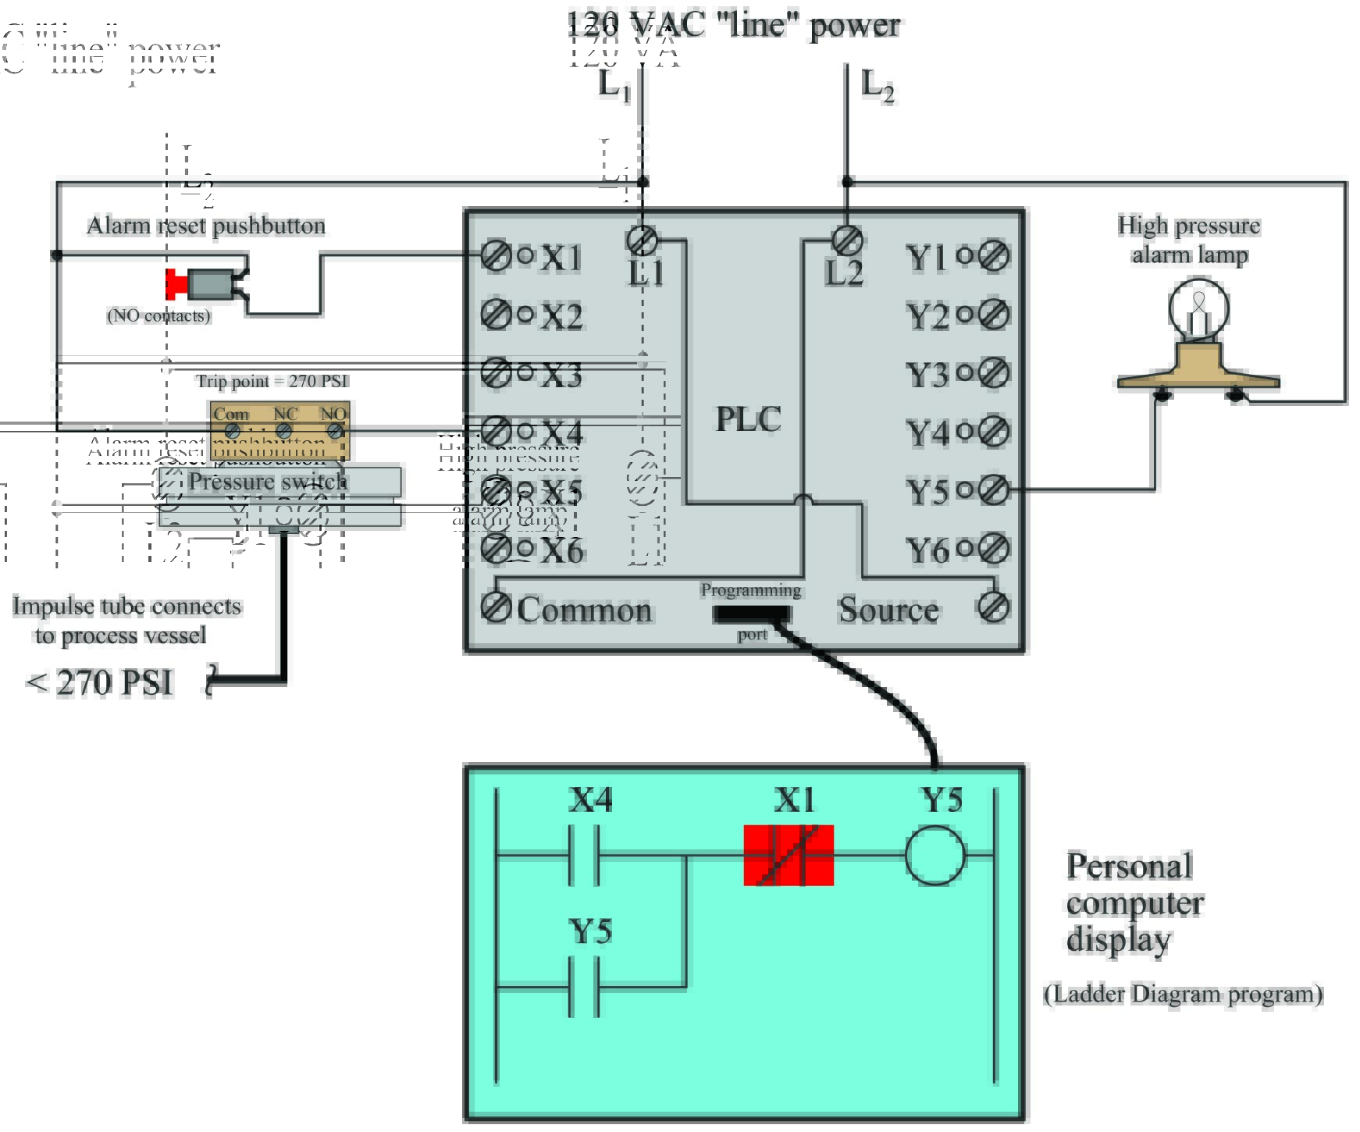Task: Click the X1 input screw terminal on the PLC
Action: click(495, 255)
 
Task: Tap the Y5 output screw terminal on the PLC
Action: click(994, 490)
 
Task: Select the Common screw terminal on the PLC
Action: click(495, 607)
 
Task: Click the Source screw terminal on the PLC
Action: click(994, 607)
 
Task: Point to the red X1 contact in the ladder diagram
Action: click(789, 856)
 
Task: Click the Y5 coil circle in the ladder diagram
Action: click(935, 856)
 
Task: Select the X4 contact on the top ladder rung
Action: click(584, 856)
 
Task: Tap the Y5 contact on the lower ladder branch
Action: click(584, 988)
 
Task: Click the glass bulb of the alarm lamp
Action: click(1198, 308)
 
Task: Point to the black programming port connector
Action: click(751, 614)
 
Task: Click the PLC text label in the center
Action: click(748, 420)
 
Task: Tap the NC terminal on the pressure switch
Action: click(284, 430)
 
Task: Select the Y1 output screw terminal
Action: click(994, 255)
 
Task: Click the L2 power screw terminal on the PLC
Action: click(847, 240)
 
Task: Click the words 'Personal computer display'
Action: click(1134, 903)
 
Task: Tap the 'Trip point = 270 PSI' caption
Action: click(272, 381)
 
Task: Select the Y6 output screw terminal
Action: click(994, 549)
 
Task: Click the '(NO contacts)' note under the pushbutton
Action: click(158, 315)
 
